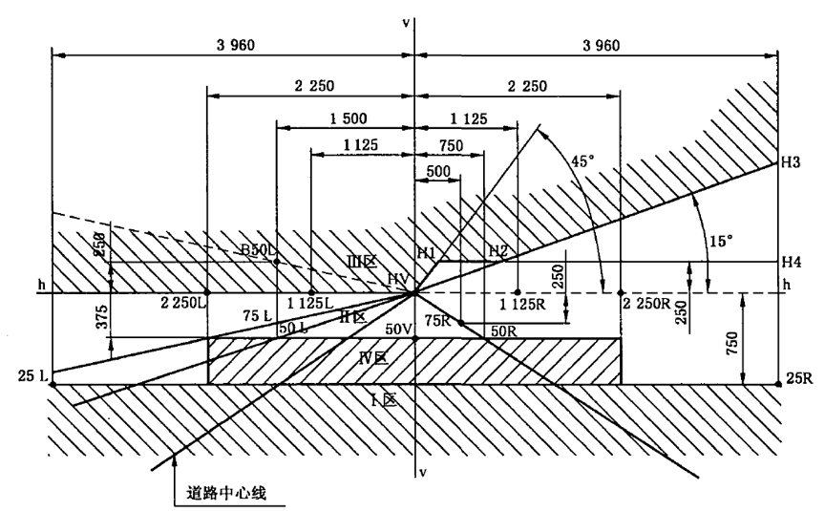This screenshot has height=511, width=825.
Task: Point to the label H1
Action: coord(425,252)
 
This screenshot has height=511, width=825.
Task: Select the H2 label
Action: coord(497,251)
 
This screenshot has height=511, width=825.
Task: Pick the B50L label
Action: coord(257,250)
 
